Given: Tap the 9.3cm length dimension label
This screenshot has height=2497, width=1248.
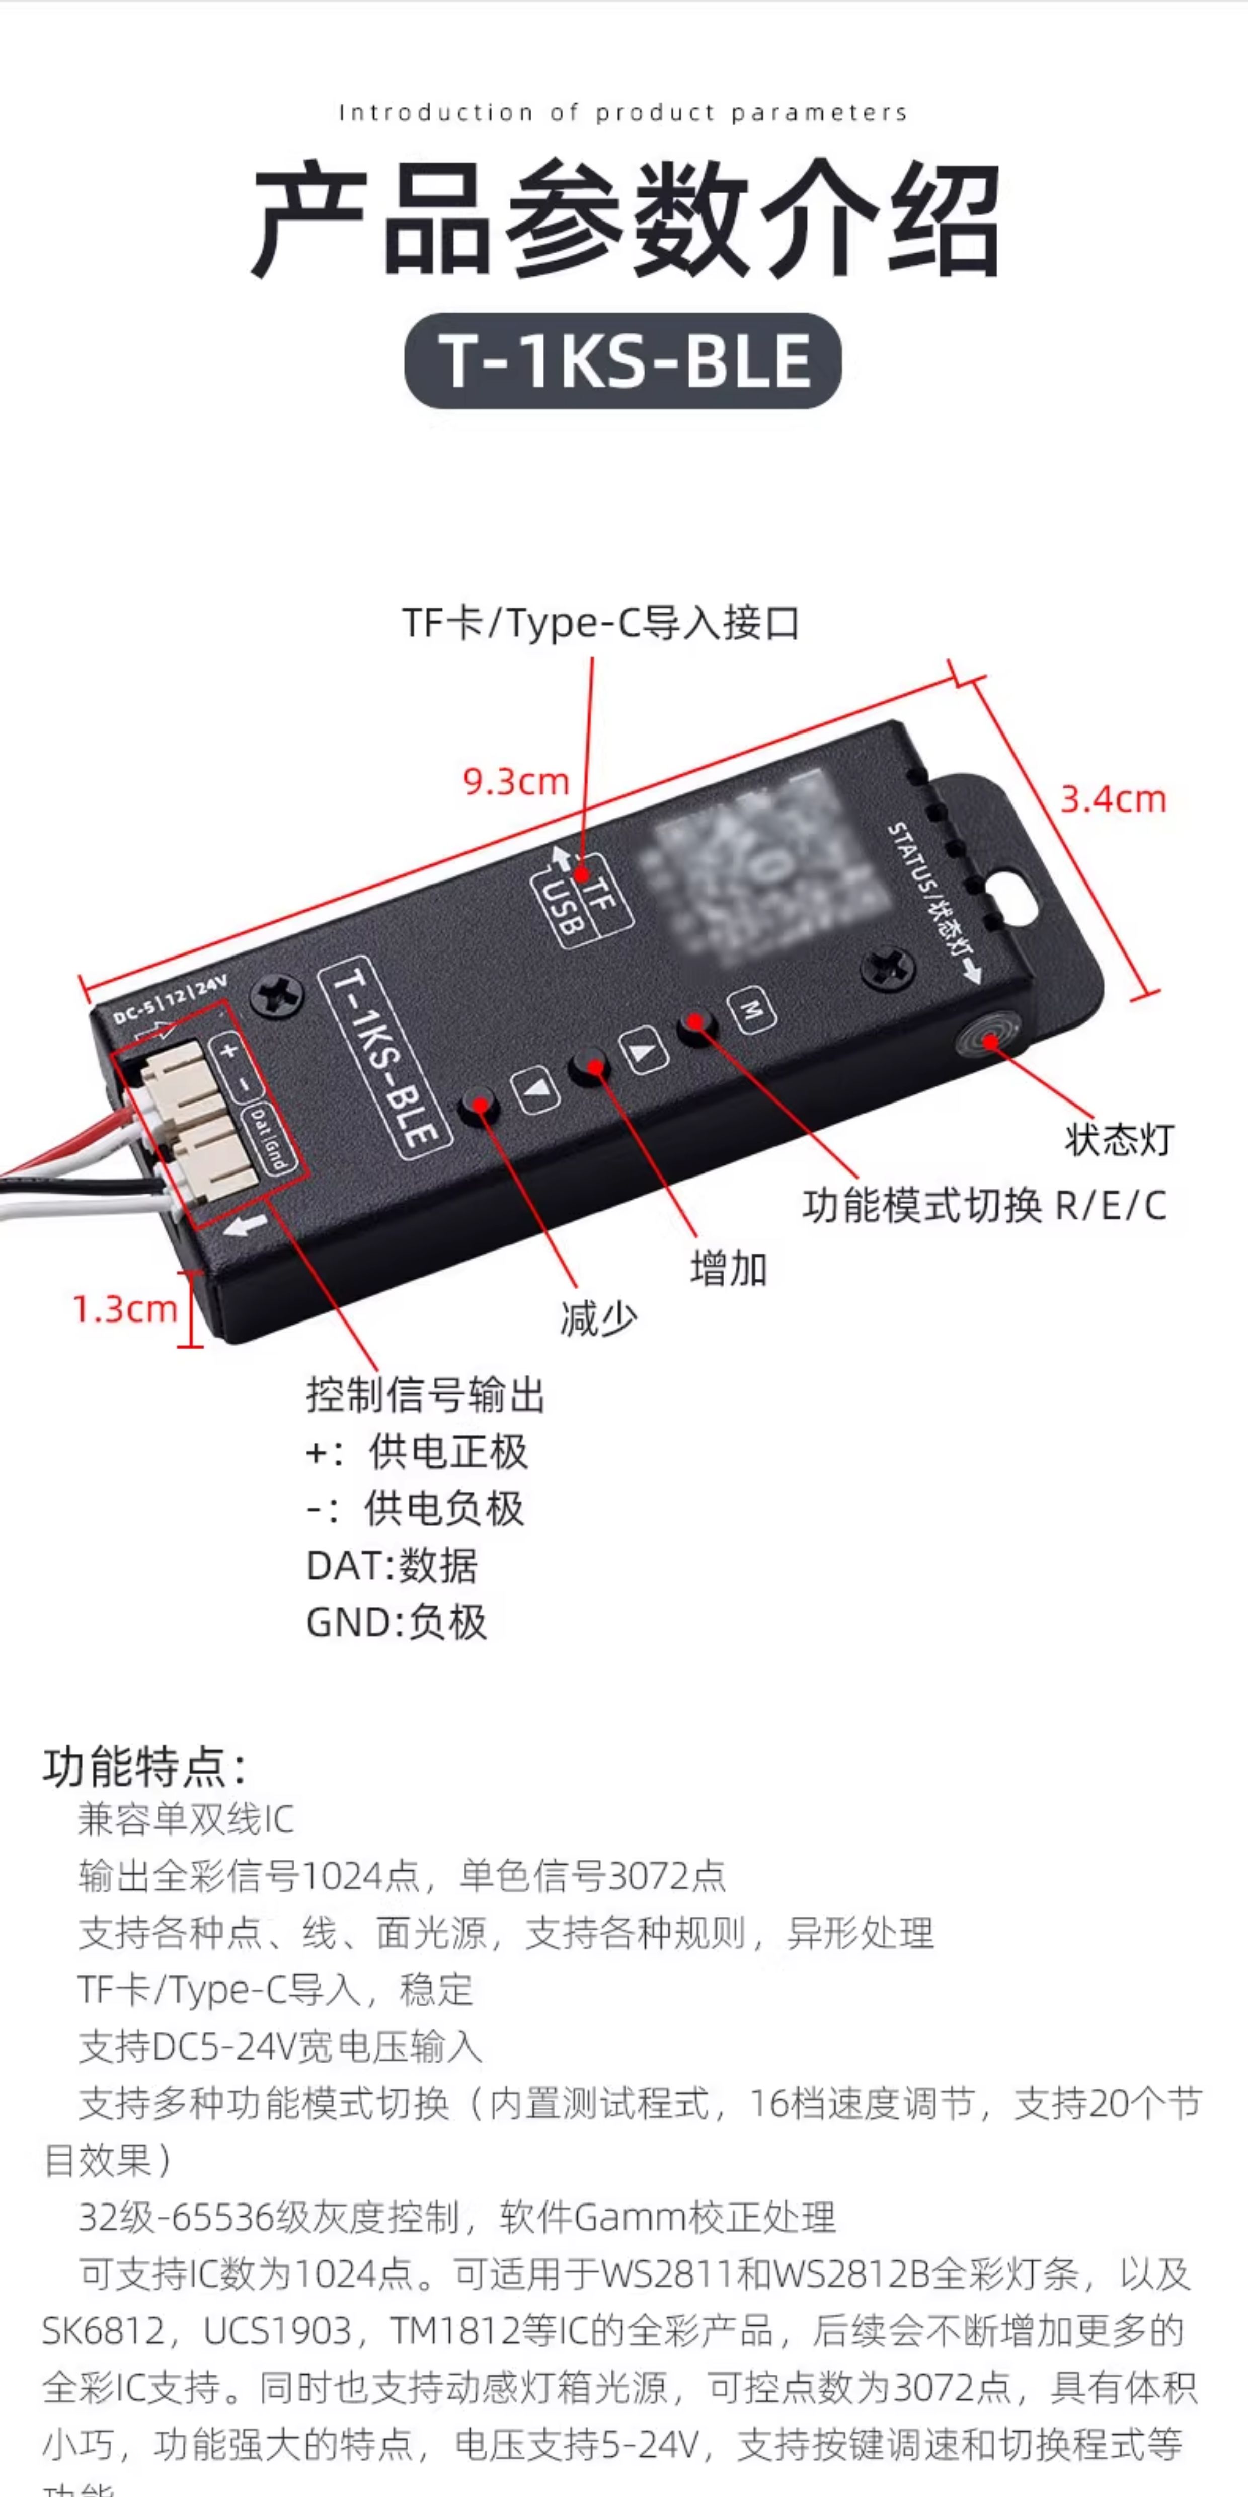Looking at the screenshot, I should coord(515,781).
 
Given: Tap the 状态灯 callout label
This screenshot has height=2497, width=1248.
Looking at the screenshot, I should coord(1119,1140).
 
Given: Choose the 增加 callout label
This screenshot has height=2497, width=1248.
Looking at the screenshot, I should coord(729,1269).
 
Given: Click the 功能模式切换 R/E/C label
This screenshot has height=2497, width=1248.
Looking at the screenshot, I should coord(983,1206).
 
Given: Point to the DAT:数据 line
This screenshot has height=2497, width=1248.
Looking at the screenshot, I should coord(392,1566).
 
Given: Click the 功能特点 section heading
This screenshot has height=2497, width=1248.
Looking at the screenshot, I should coord(143,1767).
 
